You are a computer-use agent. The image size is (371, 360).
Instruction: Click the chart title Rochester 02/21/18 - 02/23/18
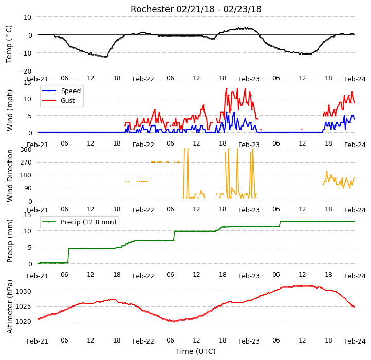point(196,9)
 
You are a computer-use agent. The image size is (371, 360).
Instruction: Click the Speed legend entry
point(61,91)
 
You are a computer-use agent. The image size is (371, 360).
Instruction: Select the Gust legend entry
point(59,100)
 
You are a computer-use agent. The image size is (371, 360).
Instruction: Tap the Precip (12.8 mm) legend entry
point(79,222)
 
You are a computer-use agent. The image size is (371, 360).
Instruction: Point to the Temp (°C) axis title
point(9,44)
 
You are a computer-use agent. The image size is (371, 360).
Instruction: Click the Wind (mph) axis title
point(10,110)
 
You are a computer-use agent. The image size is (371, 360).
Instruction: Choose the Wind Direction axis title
point(10,175)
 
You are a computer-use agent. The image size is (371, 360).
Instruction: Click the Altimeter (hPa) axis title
point(10,307)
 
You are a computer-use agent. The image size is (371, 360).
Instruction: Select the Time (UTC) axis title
point(196,351)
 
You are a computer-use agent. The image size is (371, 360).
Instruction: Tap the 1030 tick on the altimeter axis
point(23,291)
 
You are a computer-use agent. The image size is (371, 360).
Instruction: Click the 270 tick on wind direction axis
point(26,163)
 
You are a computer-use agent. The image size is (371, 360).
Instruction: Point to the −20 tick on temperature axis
point(25,71)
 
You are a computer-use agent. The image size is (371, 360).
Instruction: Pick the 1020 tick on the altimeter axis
point(23,321)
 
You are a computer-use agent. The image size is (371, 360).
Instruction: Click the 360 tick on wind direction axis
point(26,150)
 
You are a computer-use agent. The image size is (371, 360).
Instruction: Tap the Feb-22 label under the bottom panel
point(143,341)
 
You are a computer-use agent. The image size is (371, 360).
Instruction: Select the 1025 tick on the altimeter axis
point(23,307)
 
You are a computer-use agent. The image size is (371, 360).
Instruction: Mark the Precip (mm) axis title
point(10,241)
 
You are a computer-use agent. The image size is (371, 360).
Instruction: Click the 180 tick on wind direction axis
point(26,175)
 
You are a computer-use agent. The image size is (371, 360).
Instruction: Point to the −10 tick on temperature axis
point(25,53)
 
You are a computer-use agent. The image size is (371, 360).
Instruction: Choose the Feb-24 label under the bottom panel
point(355,341)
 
